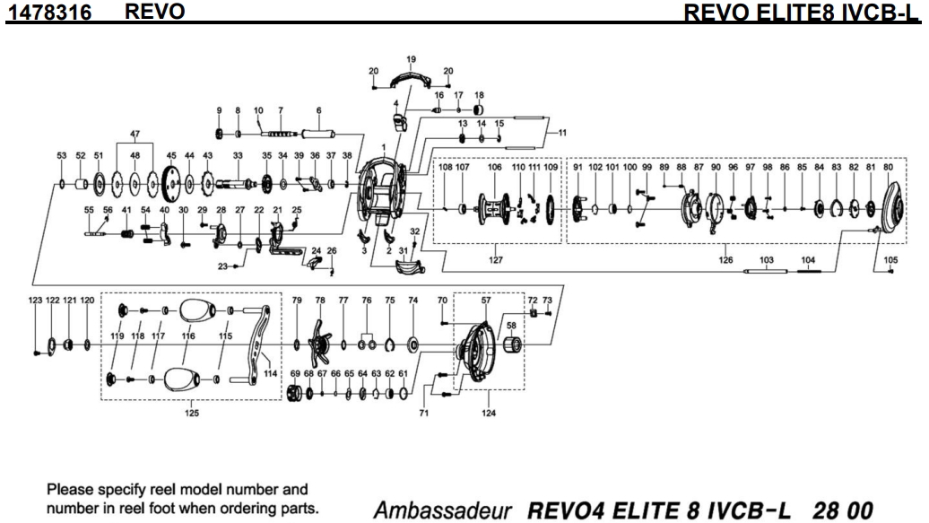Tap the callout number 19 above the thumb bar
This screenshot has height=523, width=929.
point(411,60)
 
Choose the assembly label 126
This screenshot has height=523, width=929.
point(726,261)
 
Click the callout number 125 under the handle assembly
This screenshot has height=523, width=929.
point(193,414)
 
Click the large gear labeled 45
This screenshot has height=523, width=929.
point(171,187)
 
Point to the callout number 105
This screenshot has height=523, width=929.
point(890,260)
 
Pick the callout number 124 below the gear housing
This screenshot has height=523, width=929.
point(488,414)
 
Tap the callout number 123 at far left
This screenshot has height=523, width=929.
point(35,300)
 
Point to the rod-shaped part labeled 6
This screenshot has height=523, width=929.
point(319,135)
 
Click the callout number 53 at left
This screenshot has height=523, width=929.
point(62,155)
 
